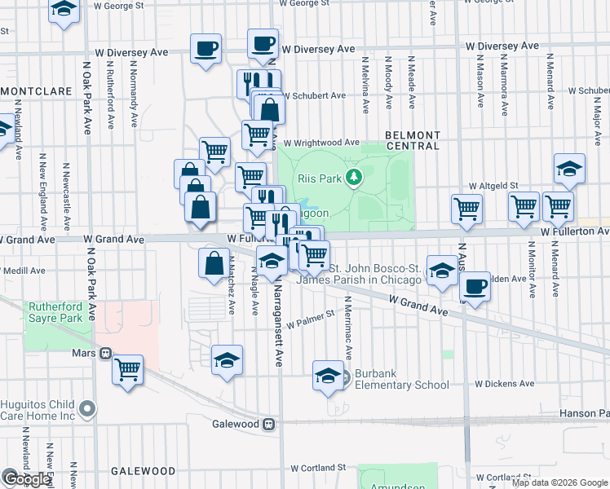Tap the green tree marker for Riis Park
coord(353,177)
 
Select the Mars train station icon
coord(105,354)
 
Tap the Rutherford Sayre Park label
coord(55,313)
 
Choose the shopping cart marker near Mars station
coord(128,370)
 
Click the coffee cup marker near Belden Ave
coord(475,286)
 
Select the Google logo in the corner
coord(26,479)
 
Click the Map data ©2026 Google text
coord(559,482)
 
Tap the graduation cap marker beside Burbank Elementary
coord(328,376)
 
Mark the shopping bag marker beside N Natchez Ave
coord(214,263)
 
